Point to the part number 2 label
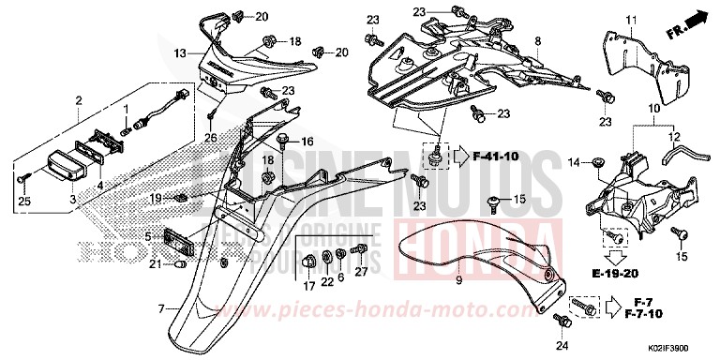click(79, 99)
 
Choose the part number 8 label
click(538, 41)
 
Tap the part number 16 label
click(307, 141)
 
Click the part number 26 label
click(211, 139)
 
